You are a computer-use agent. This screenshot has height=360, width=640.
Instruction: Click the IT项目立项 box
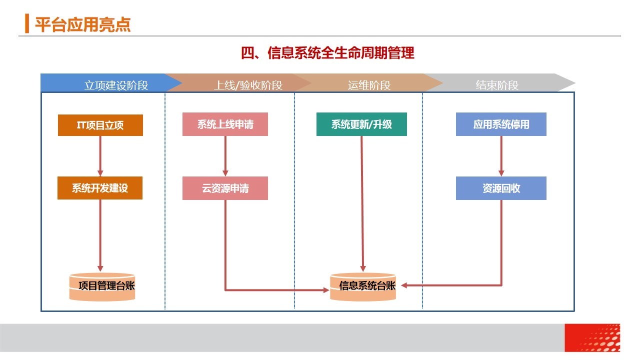(x=100, y=125)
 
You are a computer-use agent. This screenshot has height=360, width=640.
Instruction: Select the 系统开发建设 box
(x=100, y=188)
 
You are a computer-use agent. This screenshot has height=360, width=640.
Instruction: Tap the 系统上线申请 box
(x=225, y=124)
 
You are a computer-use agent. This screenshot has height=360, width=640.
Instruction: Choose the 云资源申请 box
(x=225, y=188)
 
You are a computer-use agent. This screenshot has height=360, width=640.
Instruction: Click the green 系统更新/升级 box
(x=361, y=124)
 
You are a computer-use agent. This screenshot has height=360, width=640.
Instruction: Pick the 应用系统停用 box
(x=501, y=124)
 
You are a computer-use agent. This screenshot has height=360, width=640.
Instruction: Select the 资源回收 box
(x=501, y=188)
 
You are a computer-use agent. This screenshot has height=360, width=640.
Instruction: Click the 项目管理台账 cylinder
(x=102, y=287)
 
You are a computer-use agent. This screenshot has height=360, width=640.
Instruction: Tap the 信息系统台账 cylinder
(x=363, y=287)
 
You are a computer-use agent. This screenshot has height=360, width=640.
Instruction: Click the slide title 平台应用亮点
(x=83, y=24)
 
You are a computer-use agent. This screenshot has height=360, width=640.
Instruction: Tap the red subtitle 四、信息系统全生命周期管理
(x=327, y=53)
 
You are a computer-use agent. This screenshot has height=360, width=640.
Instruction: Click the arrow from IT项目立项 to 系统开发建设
(x=100, y=156)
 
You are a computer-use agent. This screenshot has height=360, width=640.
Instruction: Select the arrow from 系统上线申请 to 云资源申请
(x=225, y=156)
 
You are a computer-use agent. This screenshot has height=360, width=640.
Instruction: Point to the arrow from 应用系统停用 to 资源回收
(x=501, y=156)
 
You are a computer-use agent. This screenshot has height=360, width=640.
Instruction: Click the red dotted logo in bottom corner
(x=592, y=337)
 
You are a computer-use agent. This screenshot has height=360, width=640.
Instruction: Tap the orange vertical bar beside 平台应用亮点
(x=27, y=23)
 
